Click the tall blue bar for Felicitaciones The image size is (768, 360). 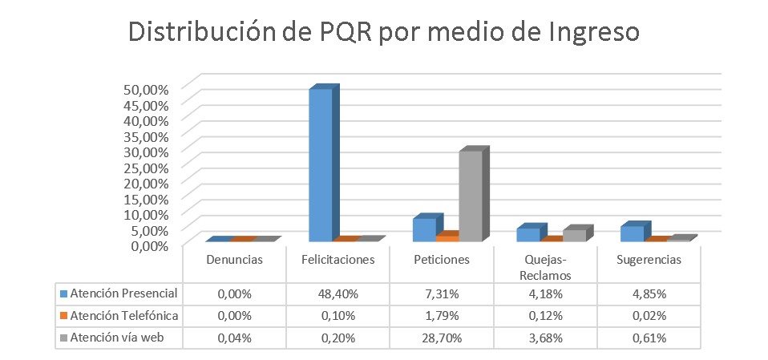321,164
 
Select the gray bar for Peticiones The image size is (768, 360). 471,196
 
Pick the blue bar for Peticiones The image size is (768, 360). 424,229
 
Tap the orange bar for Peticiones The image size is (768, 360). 447,238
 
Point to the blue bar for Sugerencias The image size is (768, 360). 632,233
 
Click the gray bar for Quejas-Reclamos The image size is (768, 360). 574,235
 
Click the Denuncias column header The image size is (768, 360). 234,260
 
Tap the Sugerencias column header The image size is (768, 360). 649,260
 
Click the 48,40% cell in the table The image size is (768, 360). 338,293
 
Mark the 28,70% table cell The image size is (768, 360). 441,338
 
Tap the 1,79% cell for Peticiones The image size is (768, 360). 441,315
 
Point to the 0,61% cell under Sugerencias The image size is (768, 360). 649,338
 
